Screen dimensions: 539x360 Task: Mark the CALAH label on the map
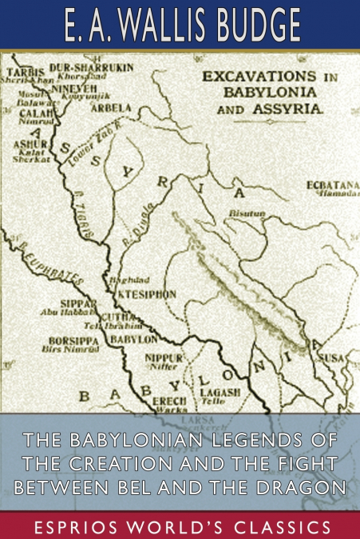tap(27, 113)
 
